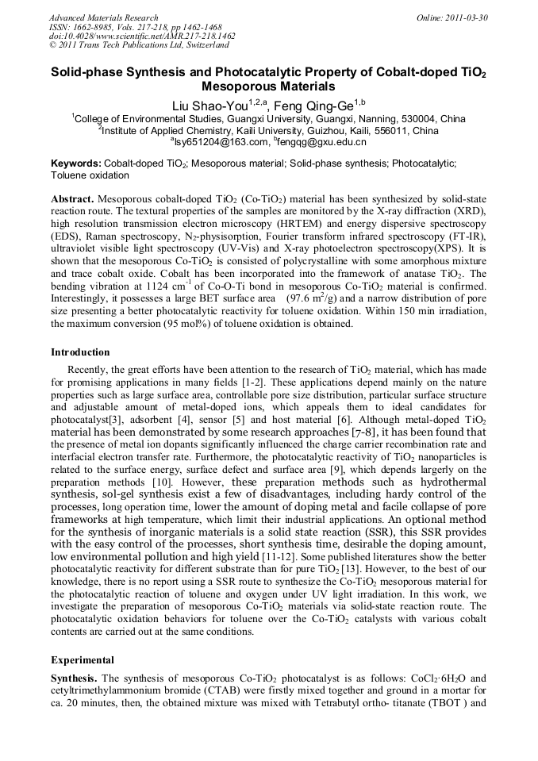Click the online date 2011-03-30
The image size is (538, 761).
coord(467,17)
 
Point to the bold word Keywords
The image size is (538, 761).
coord(76,163)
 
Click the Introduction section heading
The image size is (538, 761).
coord(80,352)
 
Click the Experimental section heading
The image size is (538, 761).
coord(83,660)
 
